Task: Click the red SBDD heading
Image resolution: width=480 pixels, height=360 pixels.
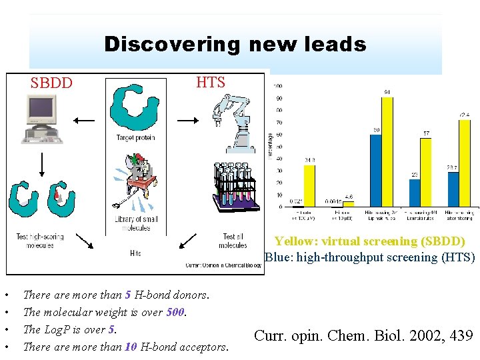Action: pyautogui.click(x=51, y=85)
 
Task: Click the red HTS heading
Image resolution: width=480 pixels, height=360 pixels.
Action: pyautogui.click(x=211, y=83)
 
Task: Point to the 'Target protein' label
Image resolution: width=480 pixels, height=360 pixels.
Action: pyautogui.click(x=135, y=137)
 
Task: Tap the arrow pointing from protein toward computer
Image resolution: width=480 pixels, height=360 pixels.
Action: pyautogui.click(x=84, y=121)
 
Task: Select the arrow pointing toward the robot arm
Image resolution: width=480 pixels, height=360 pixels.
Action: pyautogui.click(x=188, y=121)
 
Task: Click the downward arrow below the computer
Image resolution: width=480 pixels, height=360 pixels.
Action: pyautogui.click(x=41, y=163)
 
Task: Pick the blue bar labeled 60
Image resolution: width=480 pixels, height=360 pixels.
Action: pyautogui.click(x=376, y=170)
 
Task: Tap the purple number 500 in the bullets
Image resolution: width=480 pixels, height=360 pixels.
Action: pyautogui.click(x=176, y=311)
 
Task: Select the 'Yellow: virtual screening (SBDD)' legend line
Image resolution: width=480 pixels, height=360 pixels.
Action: pyautogui.click(x=369, y=241)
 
